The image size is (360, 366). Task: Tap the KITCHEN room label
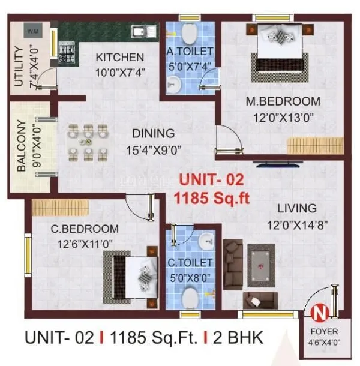click(x=120, y=58)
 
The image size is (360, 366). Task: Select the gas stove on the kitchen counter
click(x=66, y=37)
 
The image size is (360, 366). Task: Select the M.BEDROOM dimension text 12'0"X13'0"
click(x=283, y=116)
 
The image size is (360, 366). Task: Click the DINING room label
click(x=154, y=133)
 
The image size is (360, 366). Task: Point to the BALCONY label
click(x=22, y=147)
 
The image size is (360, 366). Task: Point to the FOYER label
click(x=324, y=331)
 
